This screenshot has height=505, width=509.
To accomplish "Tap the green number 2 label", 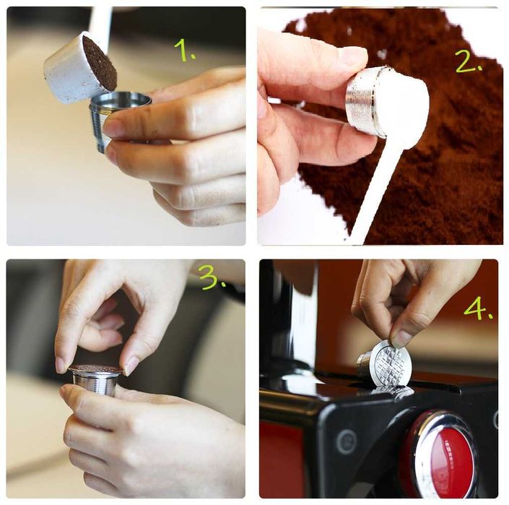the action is point(469,61).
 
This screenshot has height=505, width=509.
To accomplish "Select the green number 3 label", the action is point(212,277).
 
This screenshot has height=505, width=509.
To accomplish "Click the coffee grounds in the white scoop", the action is point(100,63).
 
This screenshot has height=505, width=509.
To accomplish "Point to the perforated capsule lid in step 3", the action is point(95,369).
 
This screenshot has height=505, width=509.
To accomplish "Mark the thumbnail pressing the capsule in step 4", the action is point(401,338).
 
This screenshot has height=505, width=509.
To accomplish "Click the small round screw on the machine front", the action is point(345,441).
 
